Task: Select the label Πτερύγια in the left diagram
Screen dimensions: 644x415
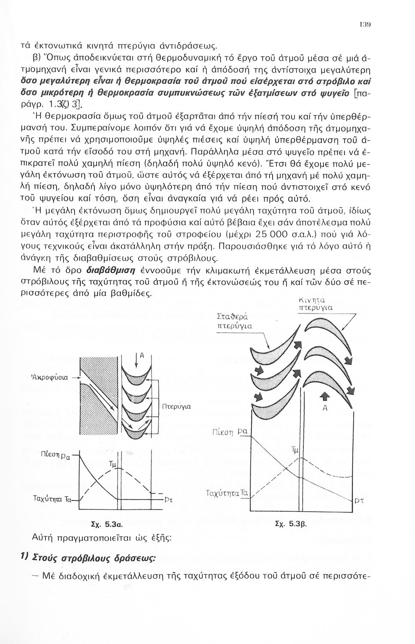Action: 176,406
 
